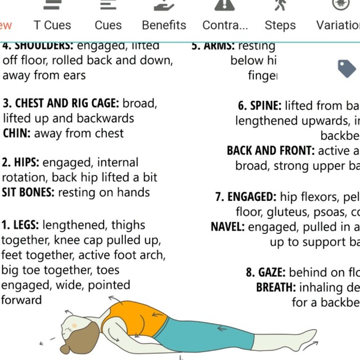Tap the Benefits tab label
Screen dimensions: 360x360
[x=164, y=25]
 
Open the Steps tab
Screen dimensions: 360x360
[x=280, y=25]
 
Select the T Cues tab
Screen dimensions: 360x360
[x=52, y=25]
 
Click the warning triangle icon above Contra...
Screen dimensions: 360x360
[x=224, y=5]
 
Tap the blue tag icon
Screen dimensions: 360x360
[x=346, y=68]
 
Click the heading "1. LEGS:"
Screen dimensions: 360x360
[x=20, y=225]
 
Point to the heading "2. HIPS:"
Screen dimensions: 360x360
[x=20, y=163]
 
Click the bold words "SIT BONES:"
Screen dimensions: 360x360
[x=29, y=192]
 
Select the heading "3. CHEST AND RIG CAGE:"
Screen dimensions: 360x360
[x=61, y=103]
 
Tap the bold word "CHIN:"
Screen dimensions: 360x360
[x=17, y=133]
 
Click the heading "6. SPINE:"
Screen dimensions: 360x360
[x=260, y=105]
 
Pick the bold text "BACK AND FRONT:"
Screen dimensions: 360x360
[x=271, y=151]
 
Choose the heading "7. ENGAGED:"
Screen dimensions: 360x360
[x=246, y=197]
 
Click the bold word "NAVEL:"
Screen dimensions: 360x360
[x=228, y=227]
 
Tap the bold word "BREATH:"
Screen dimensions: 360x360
[x=276, y=287]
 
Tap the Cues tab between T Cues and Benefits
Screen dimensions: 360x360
[x=108, y=25]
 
